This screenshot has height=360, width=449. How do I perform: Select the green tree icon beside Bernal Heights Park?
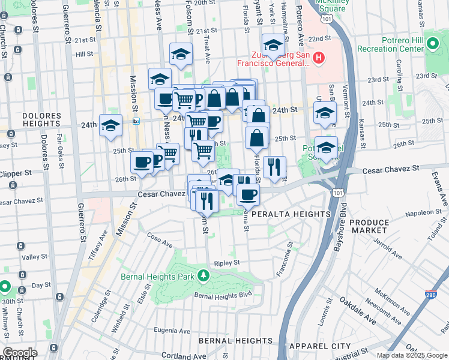pyautogui.click(x=203, y=275)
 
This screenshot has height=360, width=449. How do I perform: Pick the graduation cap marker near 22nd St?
pyautogui.click(x=273, y=45)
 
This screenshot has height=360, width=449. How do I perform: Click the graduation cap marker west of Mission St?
pyautogui.click(x=110, y=125)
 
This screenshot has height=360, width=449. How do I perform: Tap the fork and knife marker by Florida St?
pyautogui.click(x=274, y=166)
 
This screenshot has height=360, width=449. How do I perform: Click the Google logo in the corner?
pyautogui.click(x=20, y=353)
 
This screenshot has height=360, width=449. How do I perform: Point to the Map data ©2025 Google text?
pyautogui.click(x=411, y=355)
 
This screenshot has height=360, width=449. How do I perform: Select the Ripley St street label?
pyautogui.click(x=227, y=263)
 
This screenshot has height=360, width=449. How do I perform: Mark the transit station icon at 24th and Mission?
pyautogui.click(x=136, y=121)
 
